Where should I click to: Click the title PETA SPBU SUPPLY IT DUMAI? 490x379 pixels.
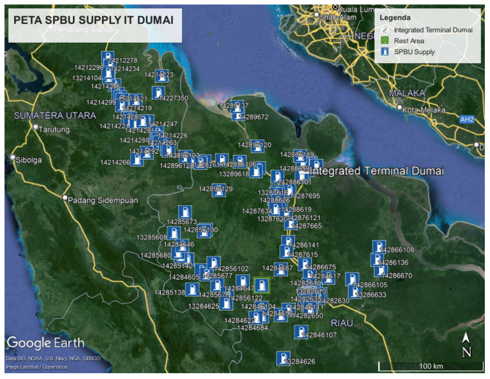93,20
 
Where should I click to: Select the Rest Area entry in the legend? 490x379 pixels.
409,41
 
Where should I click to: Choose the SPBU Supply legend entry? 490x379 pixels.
414,52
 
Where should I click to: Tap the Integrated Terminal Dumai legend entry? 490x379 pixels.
432,30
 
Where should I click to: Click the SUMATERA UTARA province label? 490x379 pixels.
56,115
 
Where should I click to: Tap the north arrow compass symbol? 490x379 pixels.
466,345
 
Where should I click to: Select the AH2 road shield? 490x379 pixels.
467,119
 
